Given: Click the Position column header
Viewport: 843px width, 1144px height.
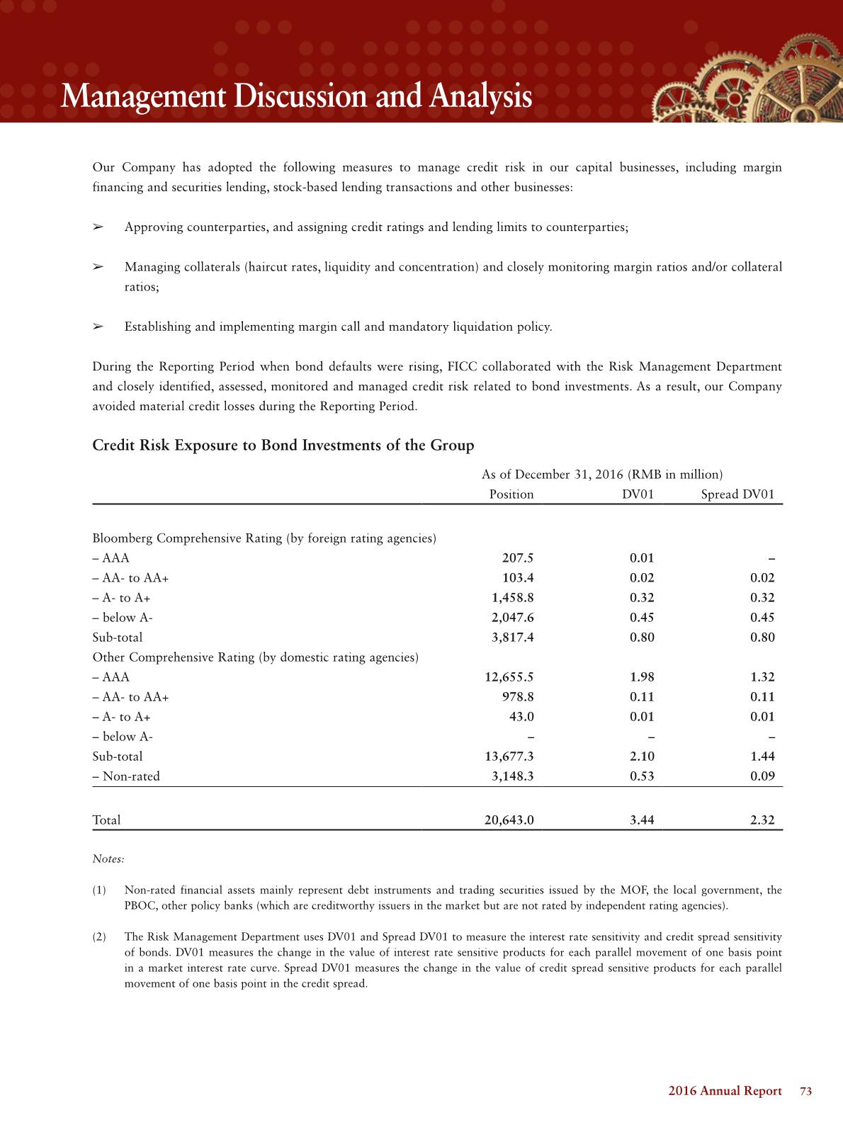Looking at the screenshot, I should pos(511,494).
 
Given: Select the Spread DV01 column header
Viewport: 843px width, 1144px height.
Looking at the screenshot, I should pos(737,494).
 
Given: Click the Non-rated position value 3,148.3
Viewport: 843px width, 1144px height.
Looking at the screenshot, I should pos(512,776).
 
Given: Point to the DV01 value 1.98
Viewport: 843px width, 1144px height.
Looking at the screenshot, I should pos(642,677).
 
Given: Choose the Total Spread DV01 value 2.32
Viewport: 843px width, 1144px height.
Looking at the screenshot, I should pos(762,820).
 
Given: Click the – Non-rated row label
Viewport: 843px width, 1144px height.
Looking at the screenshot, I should pos(126,776).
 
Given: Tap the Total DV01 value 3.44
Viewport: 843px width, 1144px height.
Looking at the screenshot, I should pos(642,820).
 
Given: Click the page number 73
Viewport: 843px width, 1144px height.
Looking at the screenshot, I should pos(805,1092).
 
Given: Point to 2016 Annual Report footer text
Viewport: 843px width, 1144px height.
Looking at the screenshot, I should pos(725,1092).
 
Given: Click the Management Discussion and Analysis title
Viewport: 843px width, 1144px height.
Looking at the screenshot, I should pos(296,96).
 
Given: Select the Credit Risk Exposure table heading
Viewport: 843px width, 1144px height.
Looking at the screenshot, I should pos(283,446).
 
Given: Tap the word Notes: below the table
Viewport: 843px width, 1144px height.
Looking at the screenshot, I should pos(108,859).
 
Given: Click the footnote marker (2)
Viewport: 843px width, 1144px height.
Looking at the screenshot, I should pos(99,937).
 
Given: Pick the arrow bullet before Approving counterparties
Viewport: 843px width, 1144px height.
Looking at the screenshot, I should pos(98,227).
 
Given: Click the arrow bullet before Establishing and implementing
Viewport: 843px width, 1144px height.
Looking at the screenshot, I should pos(98,327).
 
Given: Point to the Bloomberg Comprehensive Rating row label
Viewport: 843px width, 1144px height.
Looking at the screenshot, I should pos(264,538).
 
